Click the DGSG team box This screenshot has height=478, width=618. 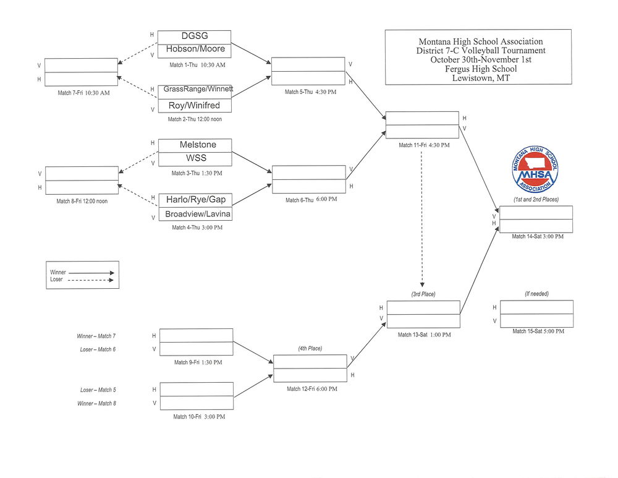tap(195, 36)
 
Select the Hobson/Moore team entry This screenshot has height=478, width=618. tap(195, 49)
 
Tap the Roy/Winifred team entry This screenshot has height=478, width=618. tap(195, 105)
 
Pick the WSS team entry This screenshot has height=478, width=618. tap(196, 158)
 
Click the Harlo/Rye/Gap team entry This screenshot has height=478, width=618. tap(195, 200)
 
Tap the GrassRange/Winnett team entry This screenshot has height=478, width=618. tap(198, 90)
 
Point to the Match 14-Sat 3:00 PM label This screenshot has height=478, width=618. tap(537, 236)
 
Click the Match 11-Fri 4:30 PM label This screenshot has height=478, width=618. tap(423, 145)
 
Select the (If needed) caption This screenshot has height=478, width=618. tap(535, 294)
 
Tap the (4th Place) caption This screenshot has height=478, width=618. tap(310, 348)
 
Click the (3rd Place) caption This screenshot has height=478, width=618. tap(423, 294)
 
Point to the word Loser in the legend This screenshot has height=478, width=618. tap(56, 280)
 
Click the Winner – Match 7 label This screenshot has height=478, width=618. tap(96, 336)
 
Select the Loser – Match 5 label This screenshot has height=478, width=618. tap(97, 390)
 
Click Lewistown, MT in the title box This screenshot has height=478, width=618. tap(478, 78)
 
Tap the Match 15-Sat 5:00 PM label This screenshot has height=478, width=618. tap(538, 331)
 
